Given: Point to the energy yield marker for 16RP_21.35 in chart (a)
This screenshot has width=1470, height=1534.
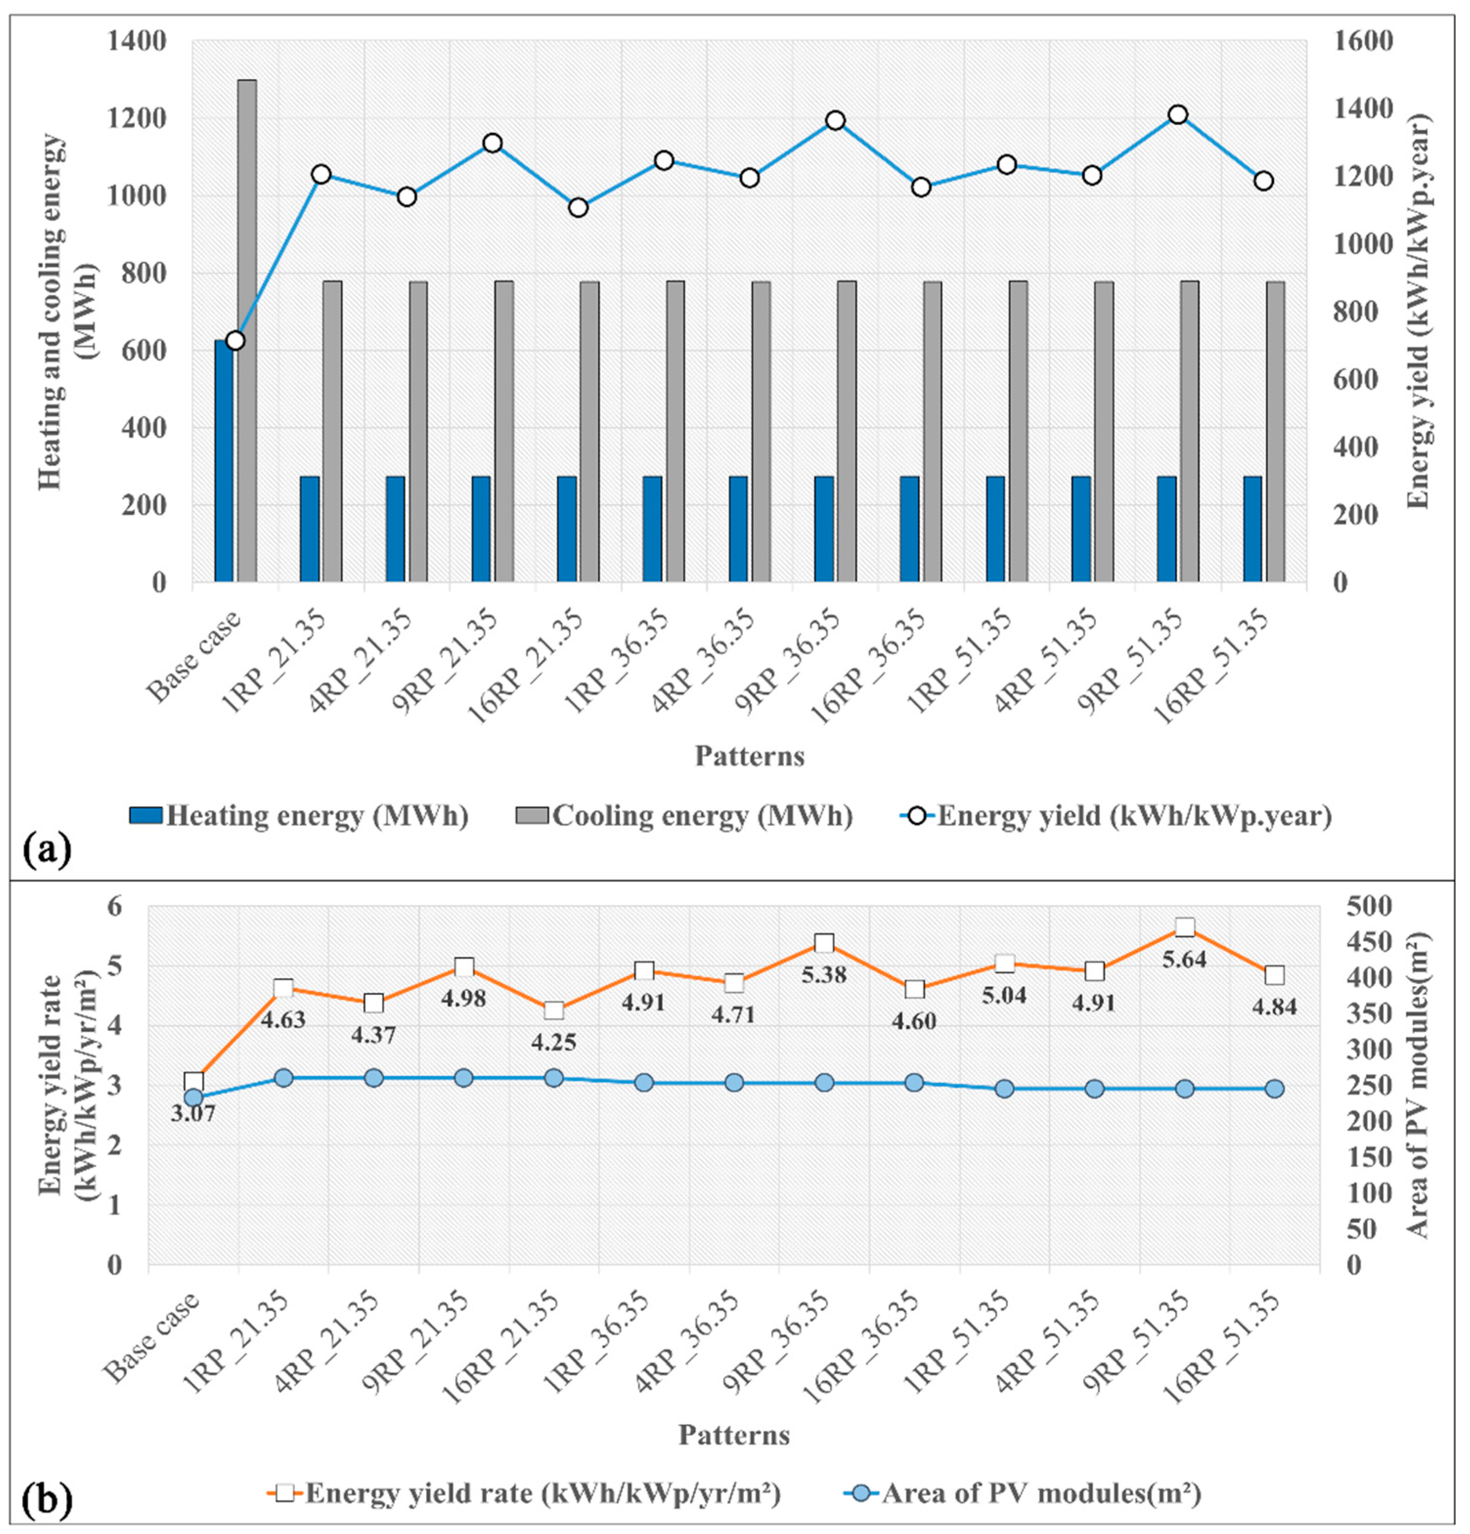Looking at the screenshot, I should coord(578,207).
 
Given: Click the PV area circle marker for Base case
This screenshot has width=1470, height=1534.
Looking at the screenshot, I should coord(193,1097).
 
